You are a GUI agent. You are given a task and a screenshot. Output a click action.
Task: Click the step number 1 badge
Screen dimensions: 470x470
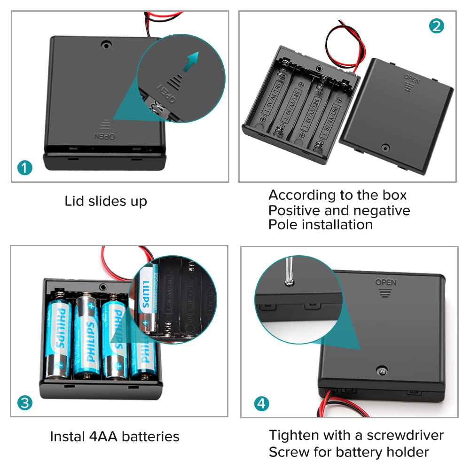(x=24, y=168)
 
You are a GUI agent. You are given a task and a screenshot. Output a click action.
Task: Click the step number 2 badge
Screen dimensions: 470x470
(x=436, y=25)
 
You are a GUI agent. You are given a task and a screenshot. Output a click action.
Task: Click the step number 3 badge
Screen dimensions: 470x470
(x=24, y=403)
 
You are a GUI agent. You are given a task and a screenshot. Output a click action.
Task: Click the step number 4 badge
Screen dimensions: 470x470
(x=262, y=403)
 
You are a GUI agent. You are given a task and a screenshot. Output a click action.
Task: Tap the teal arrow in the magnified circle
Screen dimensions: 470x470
(x=190, y=62)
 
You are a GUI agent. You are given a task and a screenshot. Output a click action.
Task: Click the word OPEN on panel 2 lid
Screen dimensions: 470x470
(x=412, y=76)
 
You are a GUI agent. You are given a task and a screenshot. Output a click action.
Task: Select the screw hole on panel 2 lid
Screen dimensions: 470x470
(x=385, y=148)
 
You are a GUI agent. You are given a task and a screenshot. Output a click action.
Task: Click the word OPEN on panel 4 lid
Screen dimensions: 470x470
(x=385, y=282)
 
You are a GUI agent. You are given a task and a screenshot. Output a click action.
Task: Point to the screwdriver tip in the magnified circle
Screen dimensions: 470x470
(x=289, y=281)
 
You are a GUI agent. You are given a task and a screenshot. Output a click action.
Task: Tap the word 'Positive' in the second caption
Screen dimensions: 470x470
(x=298, y=210)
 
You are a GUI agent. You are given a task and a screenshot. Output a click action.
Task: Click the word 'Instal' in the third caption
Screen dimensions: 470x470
(x=67, y=437)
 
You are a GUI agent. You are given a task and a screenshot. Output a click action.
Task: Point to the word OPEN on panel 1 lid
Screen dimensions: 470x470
(x=105, y=136)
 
